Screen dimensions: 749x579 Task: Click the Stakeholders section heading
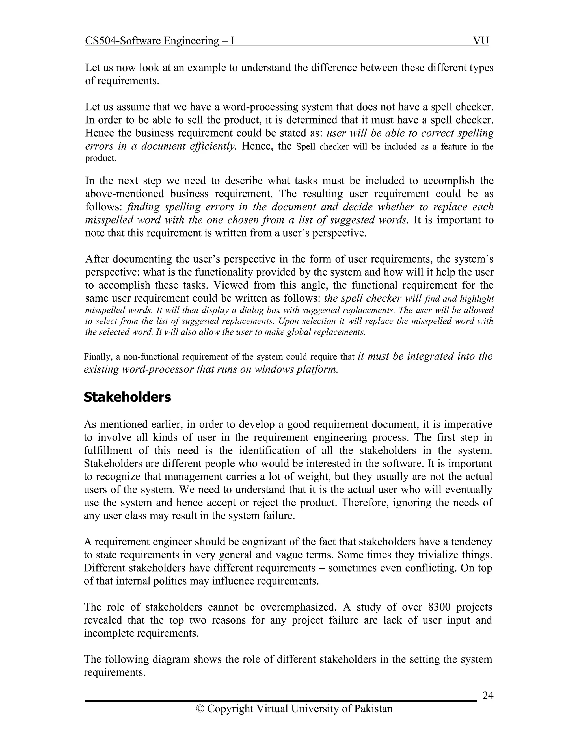click(127, 397)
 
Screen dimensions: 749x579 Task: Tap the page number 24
click(487, 696)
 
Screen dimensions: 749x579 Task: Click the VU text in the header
click(481, 41)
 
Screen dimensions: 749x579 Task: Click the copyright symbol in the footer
click(200, 709)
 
